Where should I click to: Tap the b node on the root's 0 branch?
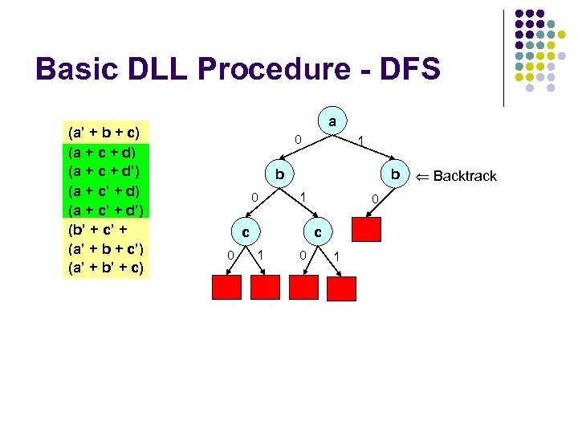(x=279, y=175)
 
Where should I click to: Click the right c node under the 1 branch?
(x=318, y=232)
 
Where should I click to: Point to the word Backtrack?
(x=465, y=176)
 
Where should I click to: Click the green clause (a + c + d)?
(x=104, y=151)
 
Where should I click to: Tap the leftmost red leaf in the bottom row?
(x=226, y=287)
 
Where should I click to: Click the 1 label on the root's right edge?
(x=362, y=142)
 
